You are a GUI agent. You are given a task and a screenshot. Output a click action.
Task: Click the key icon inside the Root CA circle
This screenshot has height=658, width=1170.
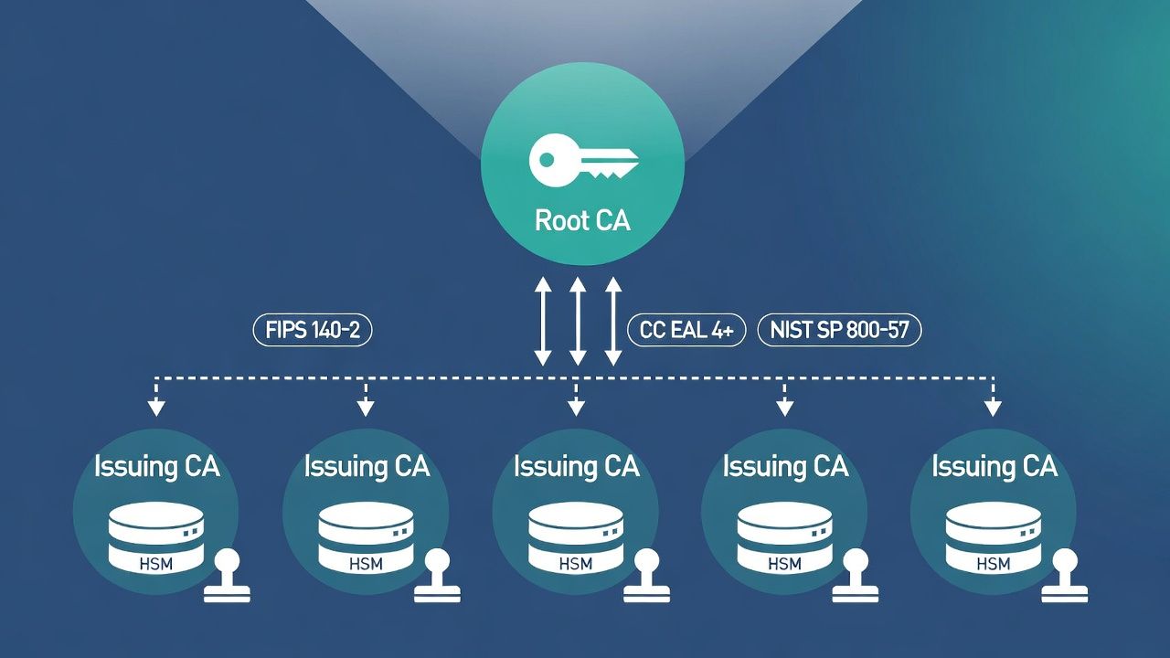582,161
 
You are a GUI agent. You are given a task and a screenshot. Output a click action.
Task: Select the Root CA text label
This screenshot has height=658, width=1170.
582,220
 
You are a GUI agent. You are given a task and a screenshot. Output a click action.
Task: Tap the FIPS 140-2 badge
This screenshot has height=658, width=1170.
313,330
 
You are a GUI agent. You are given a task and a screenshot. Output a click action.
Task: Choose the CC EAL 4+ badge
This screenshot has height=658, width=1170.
686,330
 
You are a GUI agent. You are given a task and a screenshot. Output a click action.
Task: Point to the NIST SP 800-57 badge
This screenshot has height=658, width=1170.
839,330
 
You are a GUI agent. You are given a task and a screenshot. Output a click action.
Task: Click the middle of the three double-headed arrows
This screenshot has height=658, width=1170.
578,322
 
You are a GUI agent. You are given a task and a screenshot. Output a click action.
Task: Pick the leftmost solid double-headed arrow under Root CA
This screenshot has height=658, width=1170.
543,322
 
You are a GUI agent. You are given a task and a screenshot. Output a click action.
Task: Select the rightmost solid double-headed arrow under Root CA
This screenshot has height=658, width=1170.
613,322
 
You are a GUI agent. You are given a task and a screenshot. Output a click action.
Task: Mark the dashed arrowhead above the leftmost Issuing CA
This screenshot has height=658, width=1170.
156,407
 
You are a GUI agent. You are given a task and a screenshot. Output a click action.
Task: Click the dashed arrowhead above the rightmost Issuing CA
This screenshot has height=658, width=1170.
993,407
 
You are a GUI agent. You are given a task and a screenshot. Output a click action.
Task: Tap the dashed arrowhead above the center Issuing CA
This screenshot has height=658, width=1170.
575,407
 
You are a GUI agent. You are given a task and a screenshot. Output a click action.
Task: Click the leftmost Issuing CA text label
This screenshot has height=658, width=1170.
156,466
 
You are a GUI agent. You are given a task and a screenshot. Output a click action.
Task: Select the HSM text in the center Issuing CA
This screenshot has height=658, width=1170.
575,563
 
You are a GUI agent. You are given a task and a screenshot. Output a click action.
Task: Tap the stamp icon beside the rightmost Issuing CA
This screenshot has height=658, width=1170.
1065,578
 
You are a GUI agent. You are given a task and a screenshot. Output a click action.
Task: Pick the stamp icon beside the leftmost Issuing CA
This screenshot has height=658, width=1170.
227,578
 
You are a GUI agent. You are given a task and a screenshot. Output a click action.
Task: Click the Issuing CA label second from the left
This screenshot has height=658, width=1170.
366,466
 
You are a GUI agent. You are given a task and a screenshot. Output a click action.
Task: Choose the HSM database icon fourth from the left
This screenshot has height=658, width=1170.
784,539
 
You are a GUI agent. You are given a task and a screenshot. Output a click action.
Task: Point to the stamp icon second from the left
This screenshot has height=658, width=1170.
437,578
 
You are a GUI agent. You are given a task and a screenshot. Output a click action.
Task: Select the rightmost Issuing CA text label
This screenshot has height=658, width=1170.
994,466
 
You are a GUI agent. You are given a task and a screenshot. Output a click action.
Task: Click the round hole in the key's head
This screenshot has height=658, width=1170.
547,160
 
